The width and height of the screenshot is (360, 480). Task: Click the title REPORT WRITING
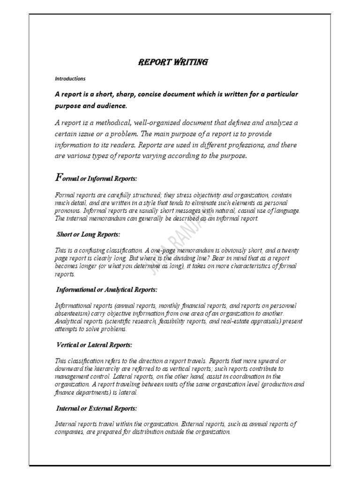point(172,62)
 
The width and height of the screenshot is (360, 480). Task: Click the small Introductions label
point(70,78)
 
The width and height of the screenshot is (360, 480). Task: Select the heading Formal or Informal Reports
point(97,179)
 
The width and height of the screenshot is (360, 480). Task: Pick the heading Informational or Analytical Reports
point(106,290)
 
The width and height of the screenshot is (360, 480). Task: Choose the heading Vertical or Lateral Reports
point(94,345)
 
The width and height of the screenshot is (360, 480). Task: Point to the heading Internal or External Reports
point(97,408)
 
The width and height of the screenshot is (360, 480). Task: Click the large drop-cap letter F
point(59,177)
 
